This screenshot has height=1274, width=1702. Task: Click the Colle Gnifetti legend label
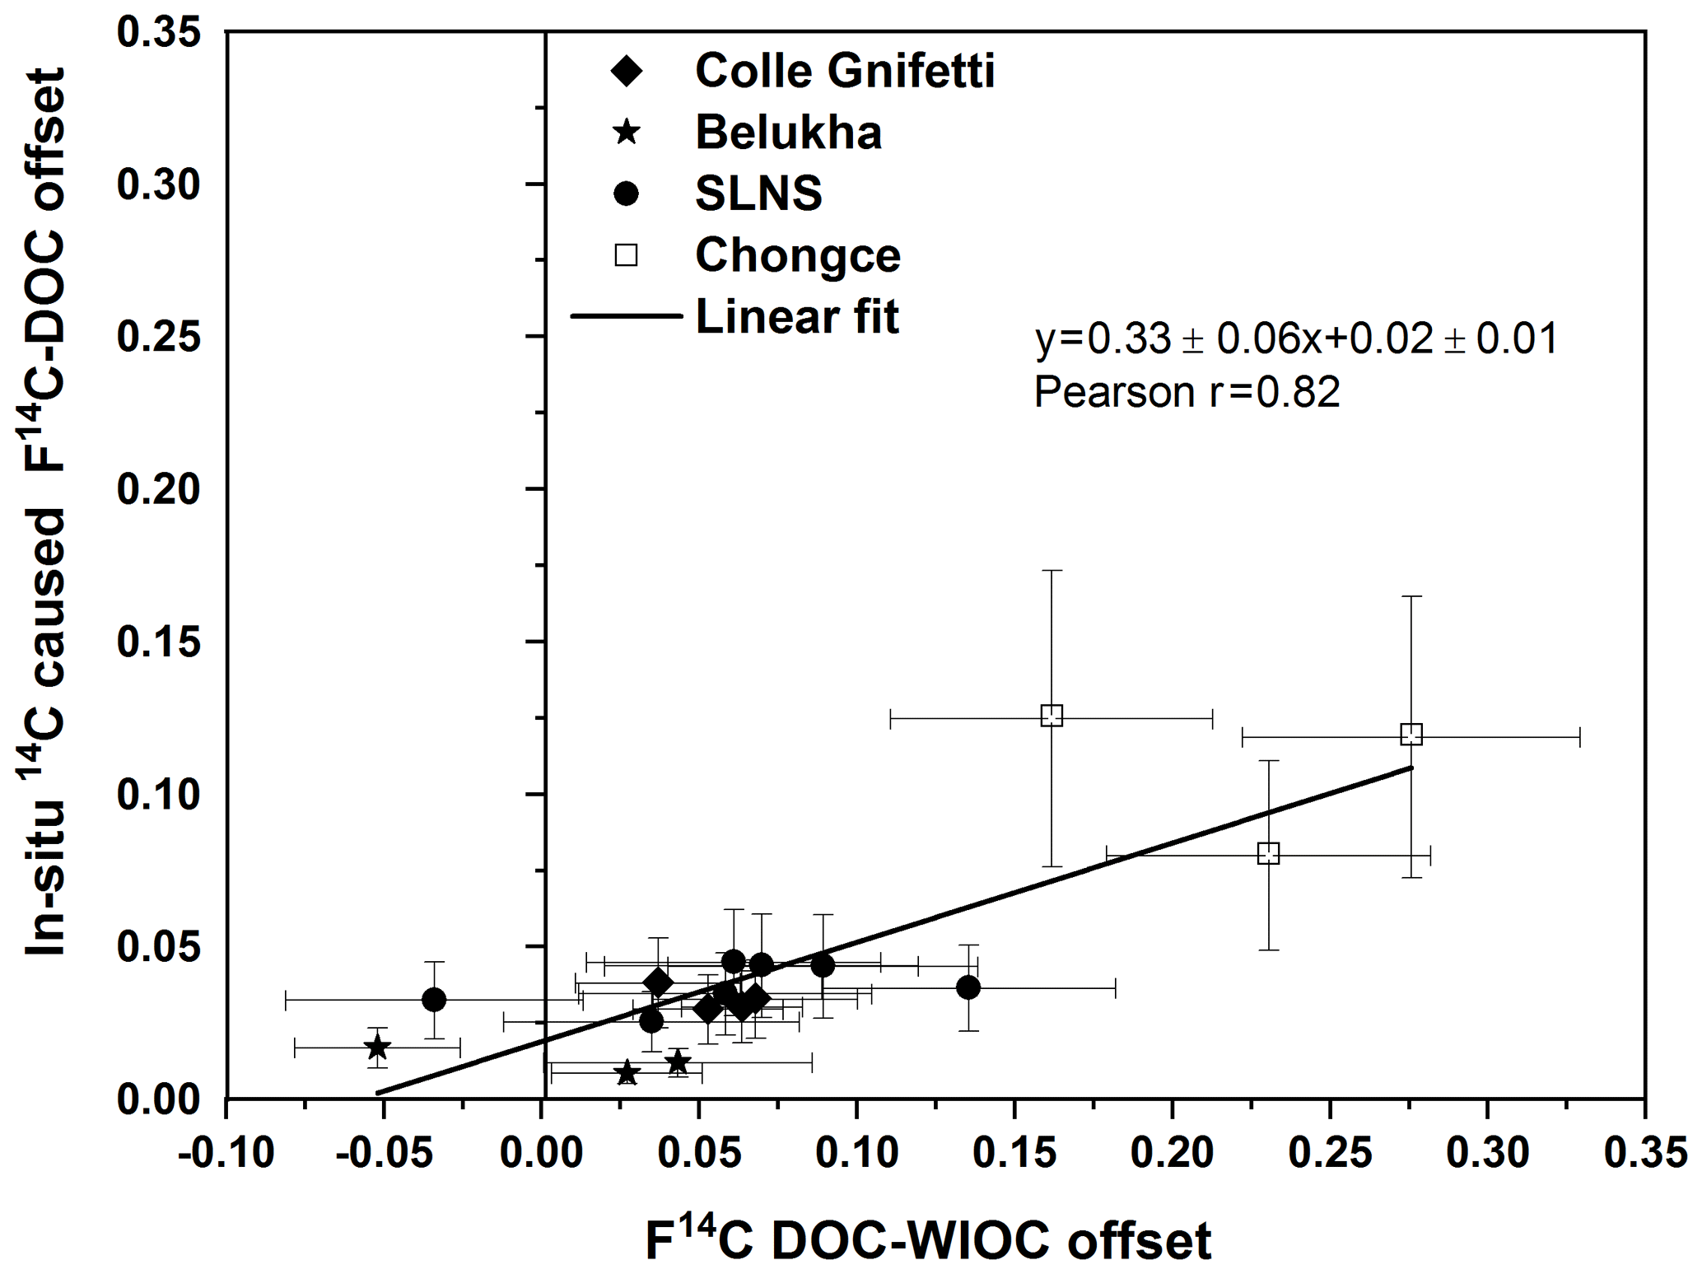(845, 71)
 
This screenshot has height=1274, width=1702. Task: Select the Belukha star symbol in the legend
(627, 132)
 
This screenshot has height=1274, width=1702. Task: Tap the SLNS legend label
(758, 194)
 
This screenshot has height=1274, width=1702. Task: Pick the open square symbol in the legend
(627, 255)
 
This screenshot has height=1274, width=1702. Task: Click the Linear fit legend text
(797, 317)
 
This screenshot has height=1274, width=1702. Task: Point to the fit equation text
(1296, 338)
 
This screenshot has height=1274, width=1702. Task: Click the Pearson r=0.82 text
(1187, 392)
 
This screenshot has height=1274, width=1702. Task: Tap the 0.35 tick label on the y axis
(158, 33)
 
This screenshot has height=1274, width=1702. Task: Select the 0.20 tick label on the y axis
(158, 489)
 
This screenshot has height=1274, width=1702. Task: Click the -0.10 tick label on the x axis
(226, 1153)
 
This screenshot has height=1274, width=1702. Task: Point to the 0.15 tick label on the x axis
(1014, 1153)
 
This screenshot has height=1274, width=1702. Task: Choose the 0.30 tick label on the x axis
(1487, 1153)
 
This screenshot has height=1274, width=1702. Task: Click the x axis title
(928, 1240)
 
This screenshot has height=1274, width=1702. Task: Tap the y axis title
(46, 512)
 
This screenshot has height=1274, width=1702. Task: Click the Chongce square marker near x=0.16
(1052, 716)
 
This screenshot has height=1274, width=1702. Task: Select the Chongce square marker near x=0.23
(1269, 853)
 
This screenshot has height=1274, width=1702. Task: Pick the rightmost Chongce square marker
(1411, 734)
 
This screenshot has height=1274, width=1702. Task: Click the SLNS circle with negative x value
(434, 1000)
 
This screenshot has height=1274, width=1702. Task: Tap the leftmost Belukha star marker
(377, 1048)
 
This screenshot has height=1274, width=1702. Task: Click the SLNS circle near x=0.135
(968, 987)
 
